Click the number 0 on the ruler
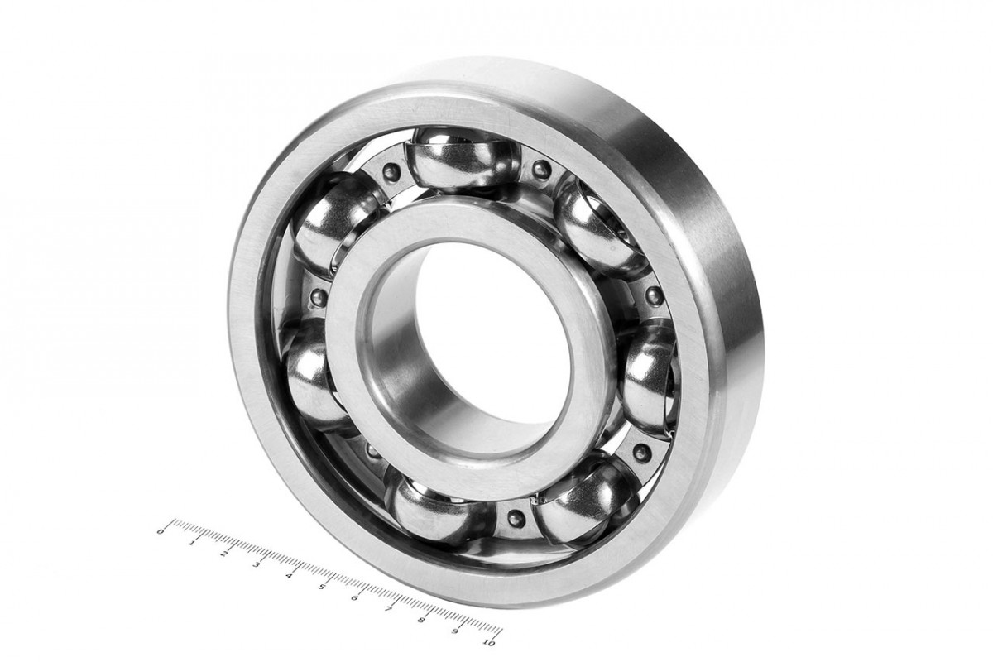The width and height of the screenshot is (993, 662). (x=161, y=530)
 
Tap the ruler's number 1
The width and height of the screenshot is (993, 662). (x=192, y=543)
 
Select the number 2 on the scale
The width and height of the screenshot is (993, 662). (x=225, y=554)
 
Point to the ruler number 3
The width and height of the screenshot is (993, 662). (x=257, y=564)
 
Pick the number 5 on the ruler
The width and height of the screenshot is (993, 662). (x=322, y=587)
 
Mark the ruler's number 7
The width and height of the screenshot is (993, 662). (x=388, y=609)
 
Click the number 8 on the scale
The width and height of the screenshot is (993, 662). (x=421, y=620)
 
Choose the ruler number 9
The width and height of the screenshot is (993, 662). (x=454, y=631)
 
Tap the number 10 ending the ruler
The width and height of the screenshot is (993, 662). (x=489, y=642)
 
